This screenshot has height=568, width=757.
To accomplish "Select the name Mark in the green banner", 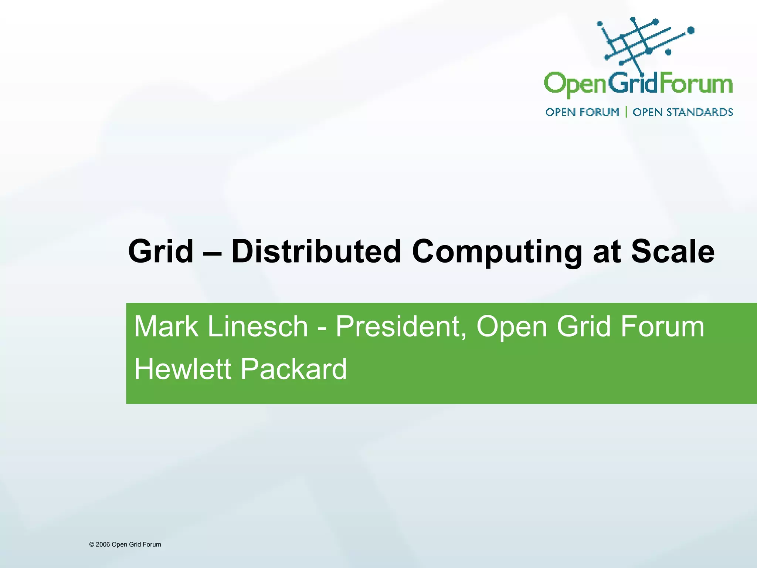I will (x=166, y=327).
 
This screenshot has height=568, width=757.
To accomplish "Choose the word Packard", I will (x=294, y=369).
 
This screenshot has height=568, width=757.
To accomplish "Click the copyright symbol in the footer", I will (x=92, y=544).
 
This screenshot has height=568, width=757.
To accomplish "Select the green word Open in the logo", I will (x=575, y=85).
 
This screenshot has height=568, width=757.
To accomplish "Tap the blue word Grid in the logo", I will (x=632, y=83).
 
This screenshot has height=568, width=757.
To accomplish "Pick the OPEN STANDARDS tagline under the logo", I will (x=683, y=112).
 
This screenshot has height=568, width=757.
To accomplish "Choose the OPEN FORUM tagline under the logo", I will (x=582, y=112).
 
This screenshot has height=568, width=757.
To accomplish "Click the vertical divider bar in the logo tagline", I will (x=626, y=112).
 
